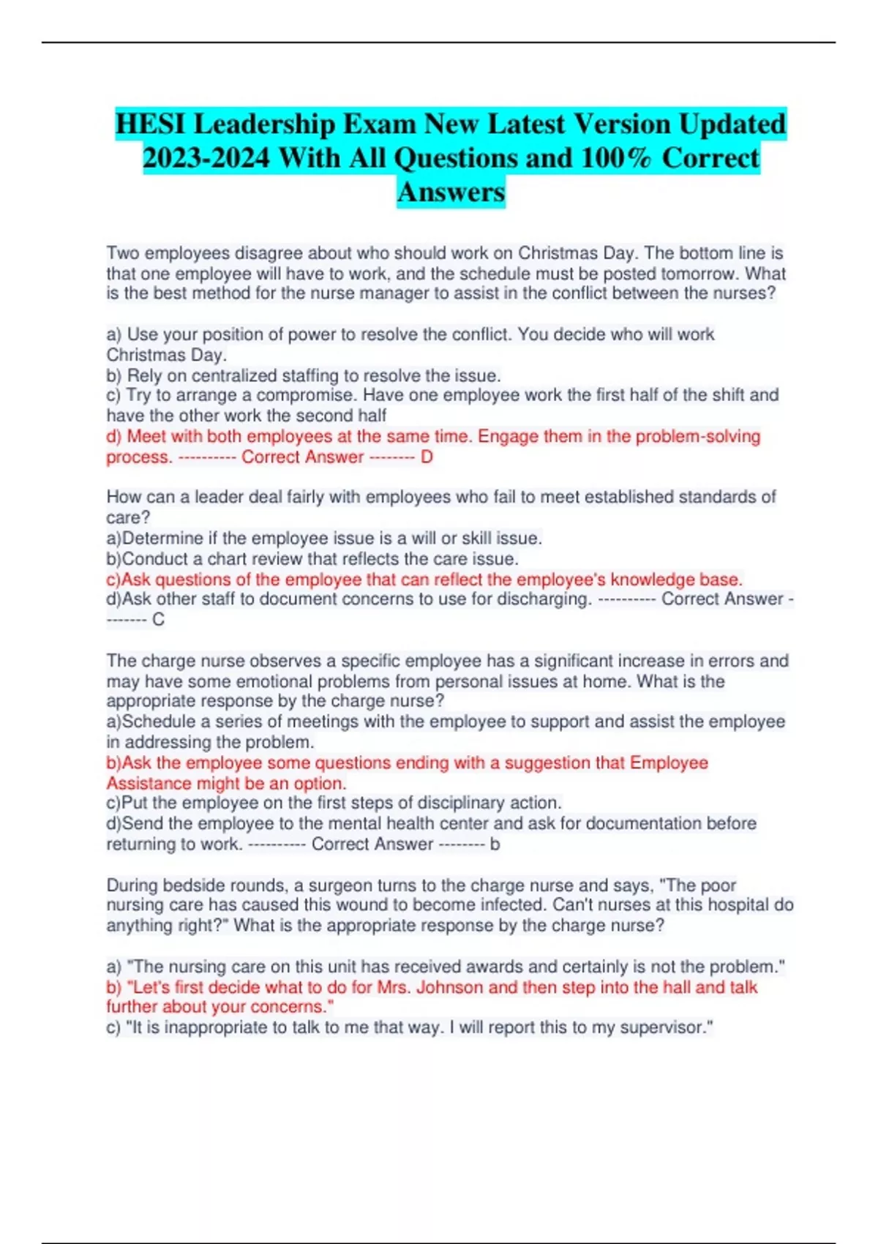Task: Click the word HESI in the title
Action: (151, 124)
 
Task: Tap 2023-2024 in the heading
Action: (206, 158)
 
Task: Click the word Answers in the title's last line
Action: (451, 192)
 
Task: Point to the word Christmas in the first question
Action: (558, 253)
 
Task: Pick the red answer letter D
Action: (427, 457)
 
